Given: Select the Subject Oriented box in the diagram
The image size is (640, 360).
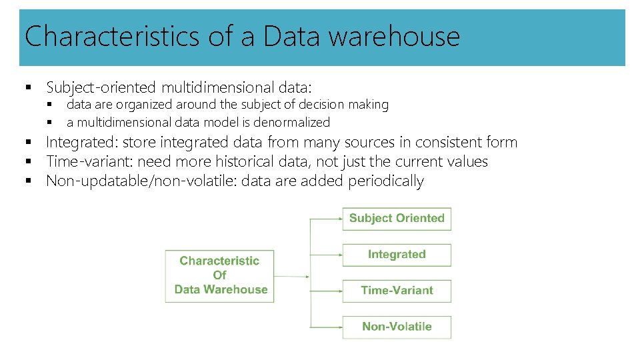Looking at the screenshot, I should click(x=397, y=219).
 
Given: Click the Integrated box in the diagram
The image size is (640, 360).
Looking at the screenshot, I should click(x=397, y=255).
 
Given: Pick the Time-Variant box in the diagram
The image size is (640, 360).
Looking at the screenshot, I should click(x=397, y=291).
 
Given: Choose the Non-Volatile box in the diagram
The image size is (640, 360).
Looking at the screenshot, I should click(x=397, y=327).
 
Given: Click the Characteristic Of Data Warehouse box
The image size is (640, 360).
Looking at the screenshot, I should click(x=220, y=275).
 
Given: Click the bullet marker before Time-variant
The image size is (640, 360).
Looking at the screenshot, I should click(x=29, y=162).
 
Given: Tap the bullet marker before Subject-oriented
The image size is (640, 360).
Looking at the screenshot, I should click(x=29, y=87).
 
